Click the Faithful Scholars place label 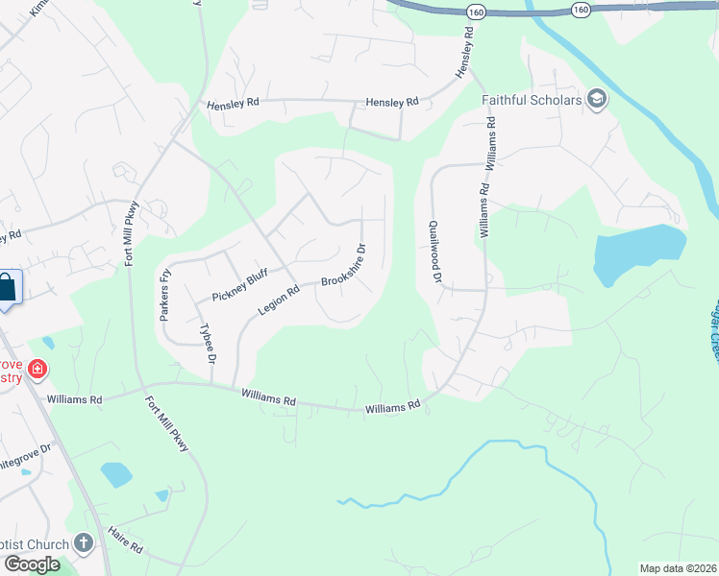[x=533, y=100]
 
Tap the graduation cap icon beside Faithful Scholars [x=597, y=99]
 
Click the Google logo [x=31, y=564]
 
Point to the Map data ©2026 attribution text [x=678, y=568]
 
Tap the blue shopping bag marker [x=7, y=288]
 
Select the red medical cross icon [x=37, y=369]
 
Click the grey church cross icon [x=83, y=543]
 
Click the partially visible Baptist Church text [x=35, y=544]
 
